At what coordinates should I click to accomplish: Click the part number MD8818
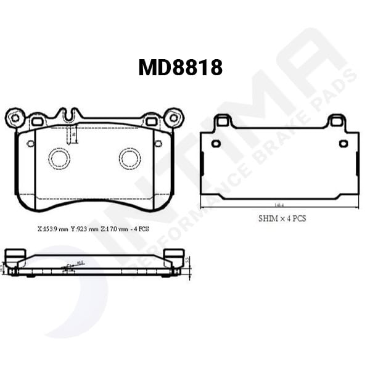click(180, 67)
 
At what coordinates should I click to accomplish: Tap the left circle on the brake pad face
click(60, 159)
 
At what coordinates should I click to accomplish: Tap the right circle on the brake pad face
click(130, 159)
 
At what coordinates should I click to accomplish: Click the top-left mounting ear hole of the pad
click(14, 117)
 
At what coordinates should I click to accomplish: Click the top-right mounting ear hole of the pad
click(173, 117)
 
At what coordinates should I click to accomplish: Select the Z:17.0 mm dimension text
click(114, 228)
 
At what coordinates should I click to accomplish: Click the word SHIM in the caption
click(268, 218)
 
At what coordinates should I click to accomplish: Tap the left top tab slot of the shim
click(224, 122)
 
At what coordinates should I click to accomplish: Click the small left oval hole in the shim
click(216, 144)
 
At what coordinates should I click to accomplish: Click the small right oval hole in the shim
click(343, 144)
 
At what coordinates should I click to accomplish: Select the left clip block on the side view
click(14, 254)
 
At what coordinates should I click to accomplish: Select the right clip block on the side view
click(175, 254)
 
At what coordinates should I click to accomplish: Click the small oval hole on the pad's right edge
click(158, 144)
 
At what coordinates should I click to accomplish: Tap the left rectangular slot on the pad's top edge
click(37, 122)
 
